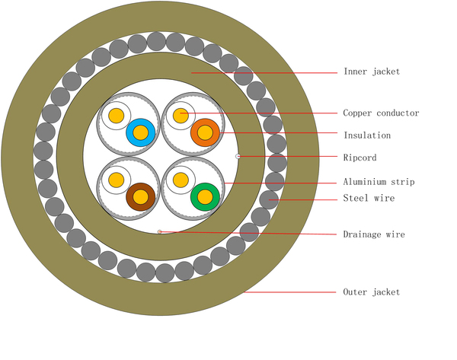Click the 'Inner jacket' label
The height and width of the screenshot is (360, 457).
pyautogui.click(x=371, y=72)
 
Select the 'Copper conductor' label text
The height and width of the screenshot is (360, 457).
pyautogui.click(x=381, y=113)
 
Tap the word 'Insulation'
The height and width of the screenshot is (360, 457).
pyautogui.click(x=366, y=135)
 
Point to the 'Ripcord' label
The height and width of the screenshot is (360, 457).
pyautogui.click(x=360, y=158)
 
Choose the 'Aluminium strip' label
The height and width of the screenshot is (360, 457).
pyautogui.click(x=379, y=182)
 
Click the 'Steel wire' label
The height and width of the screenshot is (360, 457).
pyautogui.click(x=369, y=199)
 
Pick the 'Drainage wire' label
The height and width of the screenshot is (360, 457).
pyautogui.click(x=373, y=234)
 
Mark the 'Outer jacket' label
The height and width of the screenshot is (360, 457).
pyautogui.click(x=371, y=292)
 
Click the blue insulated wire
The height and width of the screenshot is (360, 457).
pyautogui.click(x=141, y=133)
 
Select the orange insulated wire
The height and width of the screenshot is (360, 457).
pyautogui.click(x=205, y=133)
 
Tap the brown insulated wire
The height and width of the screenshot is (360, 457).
pyautogui.click(x=141, y=197)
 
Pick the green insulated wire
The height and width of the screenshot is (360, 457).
pyautogui.click(x=205, y=197)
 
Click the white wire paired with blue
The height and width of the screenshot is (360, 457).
pyautogui.click(x=116, y=116)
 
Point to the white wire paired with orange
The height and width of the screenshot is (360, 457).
pyautogui.click(x=181, y=116)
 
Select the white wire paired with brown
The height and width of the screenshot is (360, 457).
pyautogui.click(x=116, y=180)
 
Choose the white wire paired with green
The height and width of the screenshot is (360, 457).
pyautogui.click(x=181, y=180)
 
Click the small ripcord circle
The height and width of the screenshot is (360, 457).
pyautogui.click(x=238, y=156)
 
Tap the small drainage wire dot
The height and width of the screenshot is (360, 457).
pyautogui.click(x=159, y=231)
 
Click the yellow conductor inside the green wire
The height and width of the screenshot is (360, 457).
pyautogui.click(x=205, y=197)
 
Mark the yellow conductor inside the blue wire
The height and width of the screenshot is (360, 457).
pyautogui.click(x=141, y=133)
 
